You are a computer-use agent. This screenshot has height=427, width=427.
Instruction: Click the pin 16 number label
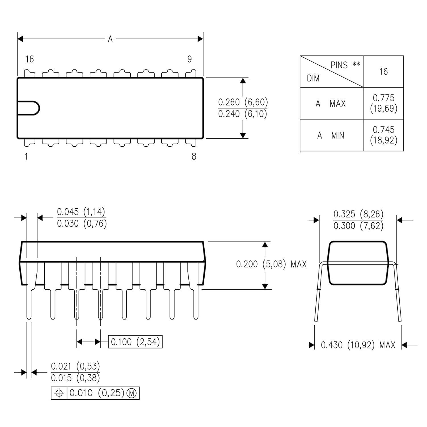[x=30, y=59]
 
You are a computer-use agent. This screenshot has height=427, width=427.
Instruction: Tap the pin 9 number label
[x=190, y=59]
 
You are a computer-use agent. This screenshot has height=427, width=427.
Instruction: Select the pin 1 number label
[x=26, y=157]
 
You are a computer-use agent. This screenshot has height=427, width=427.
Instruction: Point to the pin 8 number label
[x=194, y=157]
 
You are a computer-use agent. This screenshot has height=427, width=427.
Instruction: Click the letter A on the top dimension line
[x=110, y=39]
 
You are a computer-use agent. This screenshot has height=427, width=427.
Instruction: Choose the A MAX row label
[x=330, y=104]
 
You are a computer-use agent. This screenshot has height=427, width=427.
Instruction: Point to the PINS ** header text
[x=345, y=65]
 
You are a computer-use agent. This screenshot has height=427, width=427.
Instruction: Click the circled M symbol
[x=132, y=393]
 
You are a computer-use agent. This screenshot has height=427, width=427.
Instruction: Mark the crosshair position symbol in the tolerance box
[x=59, y=393]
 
